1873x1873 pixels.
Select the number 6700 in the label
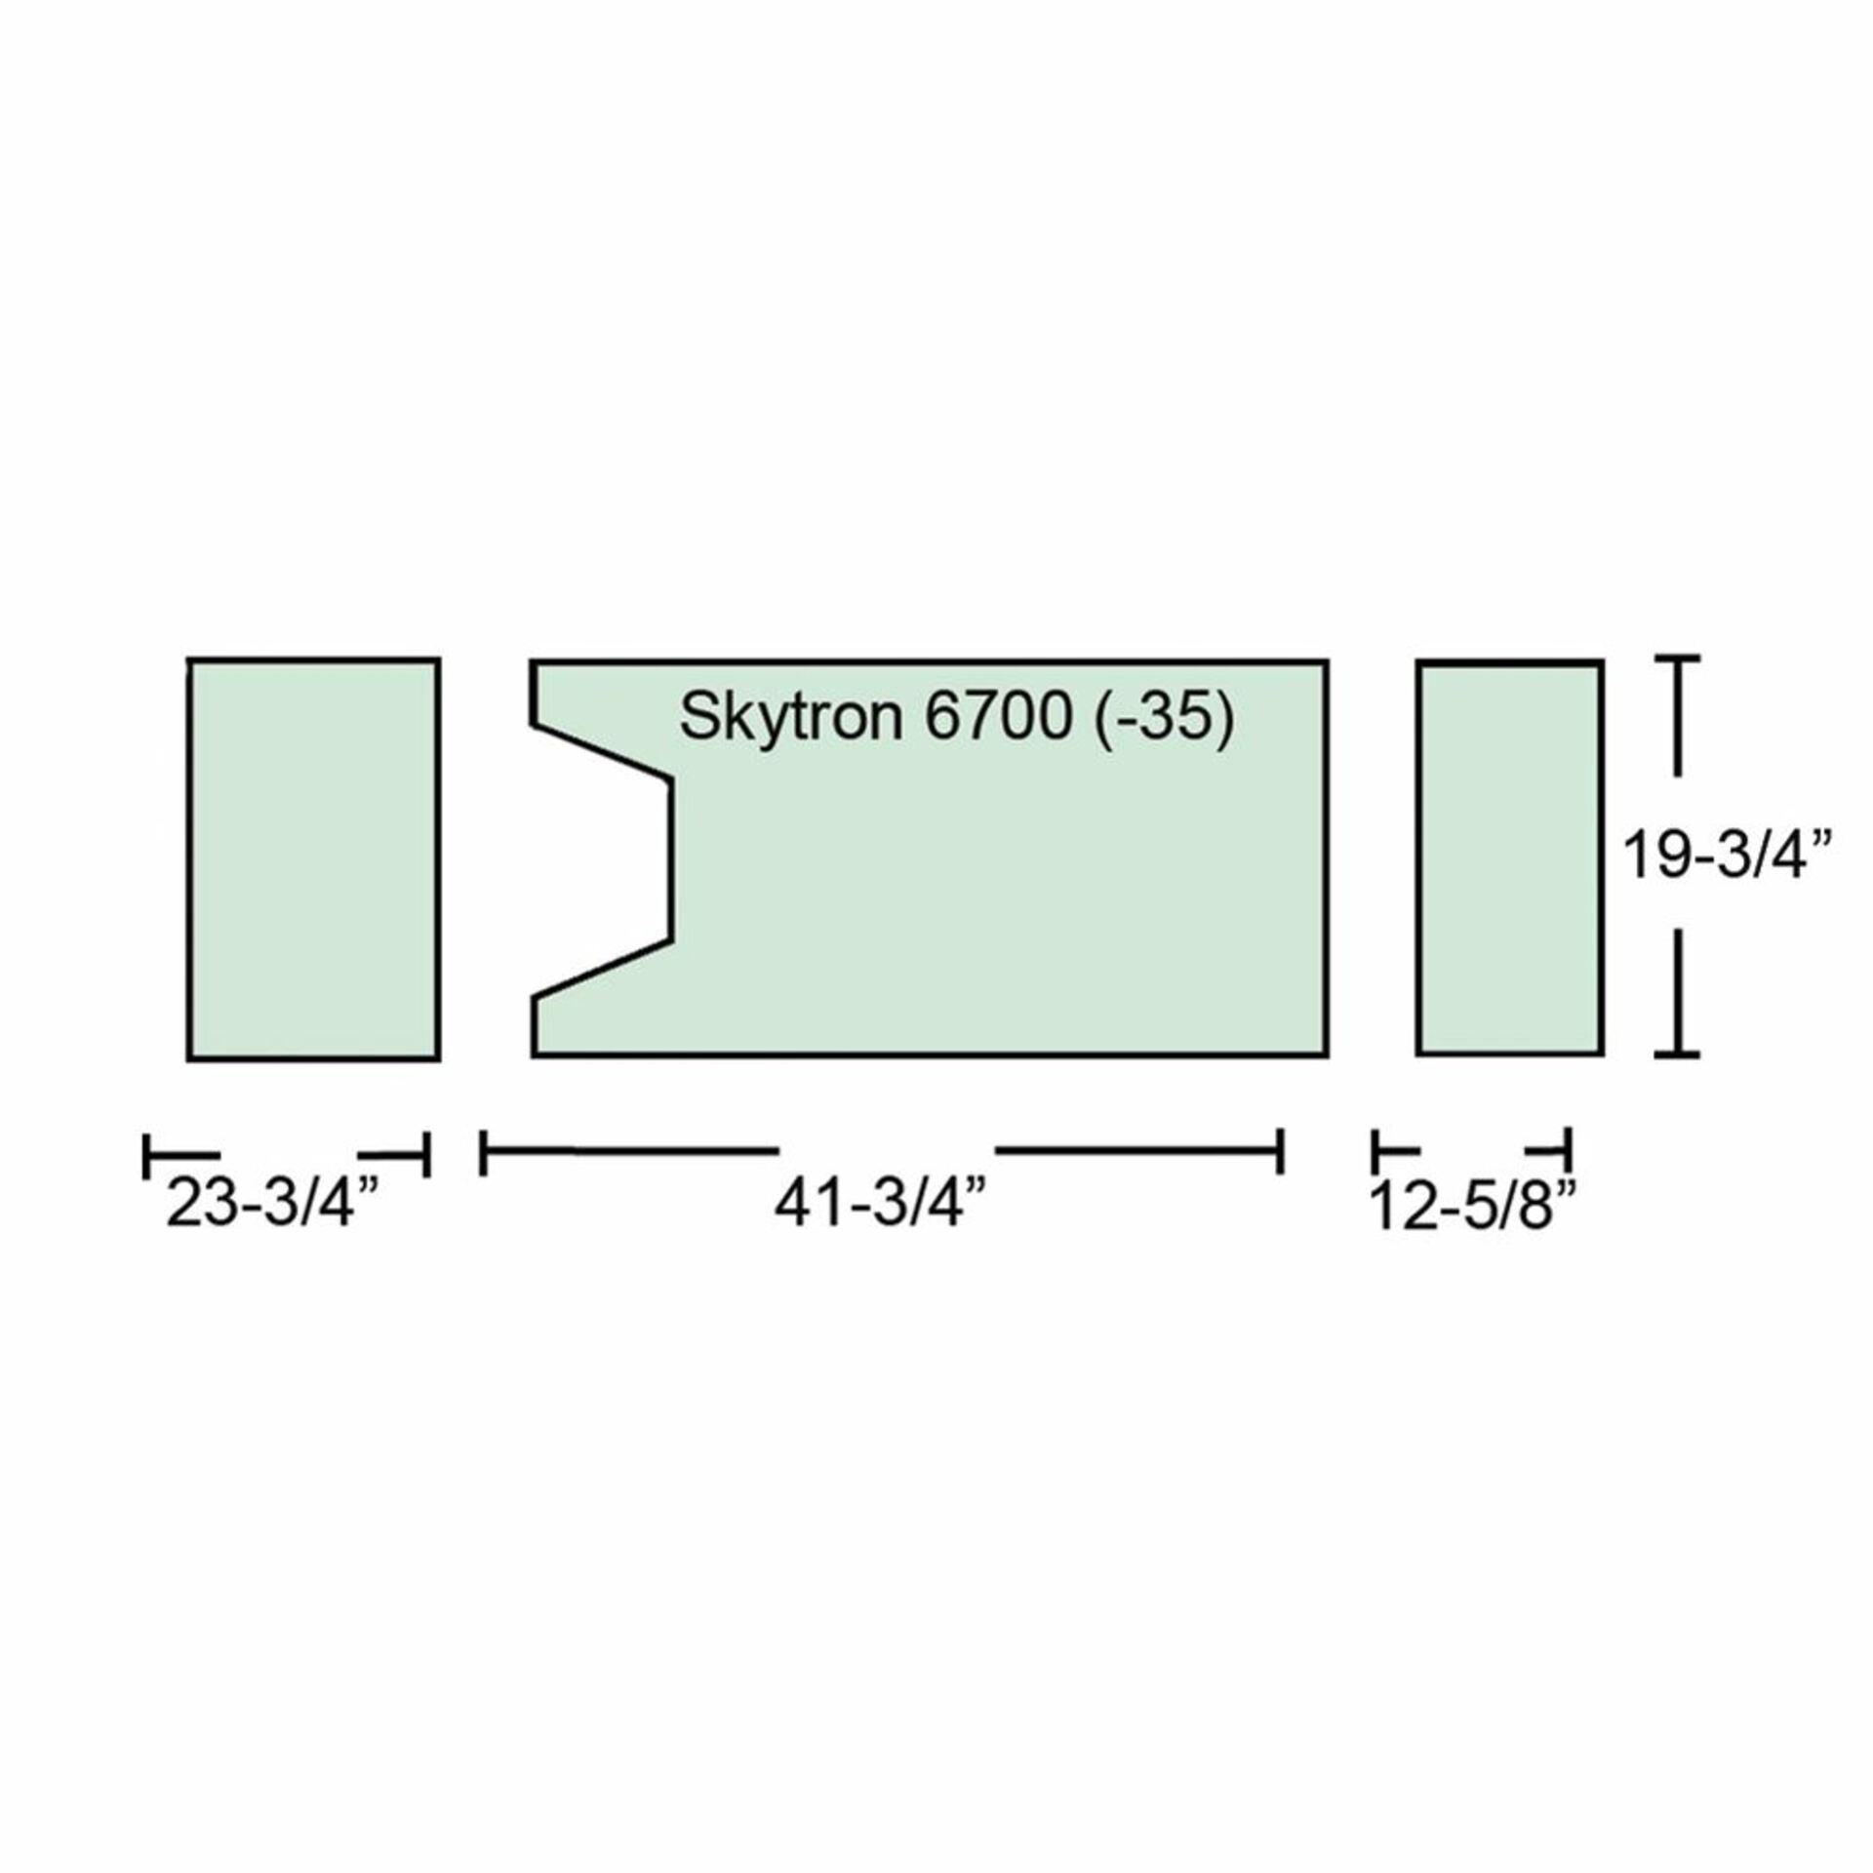999,717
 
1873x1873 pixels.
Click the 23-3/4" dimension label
272,1203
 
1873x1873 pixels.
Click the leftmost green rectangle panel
313,858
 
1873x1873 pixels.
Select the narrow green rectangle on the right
1510,858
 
